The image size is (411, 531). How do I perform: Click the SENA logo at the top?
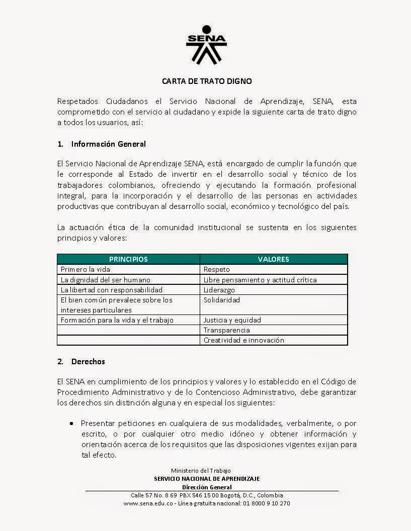pos(206,45)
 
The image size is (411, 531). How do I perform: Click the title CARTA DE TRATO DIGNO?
pos(206,80)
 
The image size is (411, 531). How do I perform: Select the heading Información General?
pos(108,144)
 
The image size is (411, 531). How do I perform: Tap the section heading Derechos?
pos(88,361)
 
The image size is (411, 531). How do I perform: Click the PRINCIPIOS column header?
pos(128,259)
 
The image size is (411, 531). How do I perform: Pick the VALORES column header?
pos(273,259)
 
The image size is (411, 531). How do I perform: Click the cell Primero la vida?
pos(85,270)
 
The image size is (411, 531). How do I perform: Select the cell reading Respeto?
pos(216,270)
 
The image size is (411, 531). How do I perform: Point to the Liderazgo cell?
pos(219,290)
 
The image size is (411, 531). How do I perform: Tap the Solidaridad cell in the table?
pos(221,300)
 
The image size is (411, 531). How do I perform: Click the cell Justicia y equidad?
pos(232,320)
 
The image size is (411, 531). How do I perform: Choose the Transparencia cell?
pos(226,330)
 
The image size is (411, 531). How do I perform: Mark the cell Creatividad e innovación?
pos(243,340)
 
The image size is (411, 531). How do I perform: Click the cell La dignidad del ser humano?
pos(105,280)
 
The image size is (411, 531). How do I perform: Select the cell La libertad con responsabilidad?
pos(111,290)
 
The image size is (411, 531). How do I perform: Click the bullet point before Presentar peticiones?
pos(72,423)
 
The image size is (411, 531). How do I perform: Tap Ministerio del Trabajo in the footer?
pos(201,471)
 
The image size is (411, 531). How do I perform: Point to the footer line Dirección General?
pos(206,487)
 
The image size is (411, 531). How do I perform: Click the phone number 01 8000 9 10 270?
pos(266,503)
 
